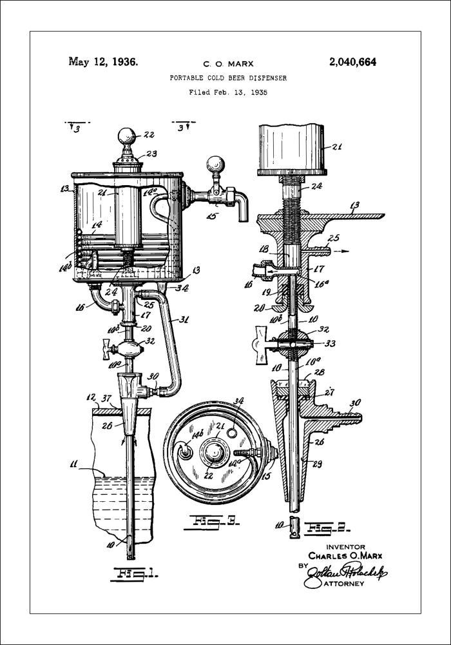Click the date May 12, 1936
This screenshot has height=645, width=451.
tap(102, 63)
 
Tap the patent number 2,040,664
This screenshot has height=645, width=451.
tap(352, 63)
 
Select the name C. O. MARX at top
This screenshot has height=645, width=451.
tap(228, 64)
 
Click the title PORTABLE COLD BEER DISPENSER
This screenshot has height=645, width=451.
tap(228, 78)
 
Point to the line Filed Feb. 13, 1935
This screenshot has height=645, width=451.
tap(228, 92)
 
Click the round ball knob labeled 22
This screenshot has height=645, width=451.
tap(128, 137)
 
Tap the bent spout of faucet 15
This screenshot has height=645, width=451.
tap(242, 206)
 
